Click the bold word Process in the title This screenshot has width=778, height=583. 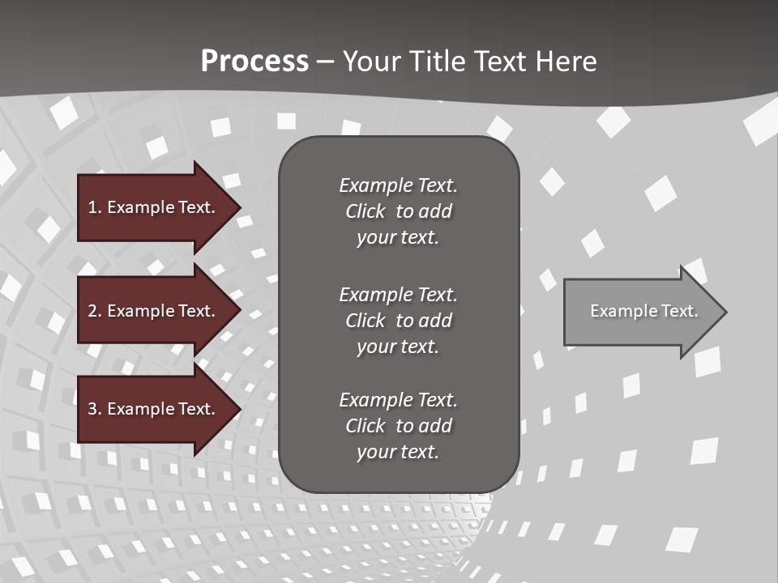point(254,62)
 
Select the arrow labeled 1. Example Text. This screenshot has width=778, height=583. point(152,207)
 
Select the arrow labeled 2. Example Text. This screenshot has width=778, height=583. point(152,311)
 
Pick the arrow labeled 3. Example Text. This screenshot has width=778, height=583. point(152,409)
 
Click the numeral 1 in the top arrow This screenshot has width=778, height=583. point(92,207)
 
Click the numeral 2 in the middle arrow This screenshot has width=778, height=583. point(93,311)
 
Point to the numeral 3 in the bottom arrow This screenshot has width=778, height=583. point(93,409)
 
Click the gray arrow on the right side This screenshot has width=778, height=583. point(640,312)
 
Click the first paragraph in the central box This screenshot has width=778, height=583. point(398,211)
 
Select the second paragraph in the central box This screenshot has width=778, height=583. point(398,321)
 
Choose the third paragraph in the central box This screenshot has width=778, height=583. point(398,426)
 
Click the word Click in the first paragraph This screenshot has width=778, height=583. point(365,211)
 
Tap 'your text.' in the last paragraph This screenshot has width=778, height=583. point(398,452)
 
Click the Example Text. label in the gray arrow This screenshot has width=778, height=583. point(644,311)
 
